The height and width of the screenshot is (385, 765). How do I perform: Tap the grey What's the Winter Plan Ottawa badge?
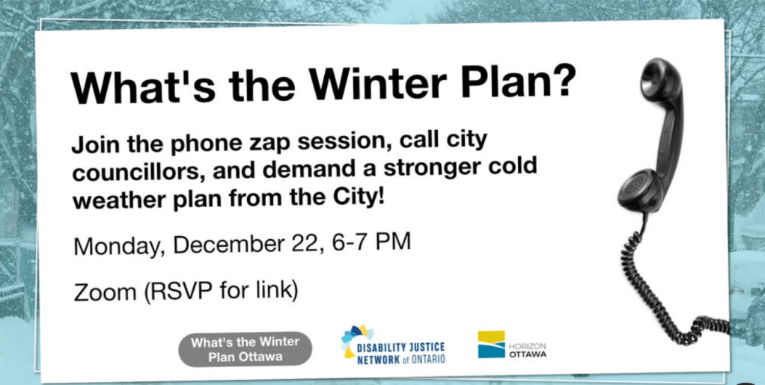pos(245,349)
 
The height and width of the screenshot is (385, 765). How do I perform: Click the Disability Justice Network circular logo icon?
pos(356,341)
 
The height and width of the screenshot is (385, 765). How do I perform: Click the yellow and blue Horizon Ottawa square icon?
pos(491,344)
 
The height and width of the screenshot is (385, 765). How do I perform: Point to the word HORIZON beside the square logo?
pos(528,346)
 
